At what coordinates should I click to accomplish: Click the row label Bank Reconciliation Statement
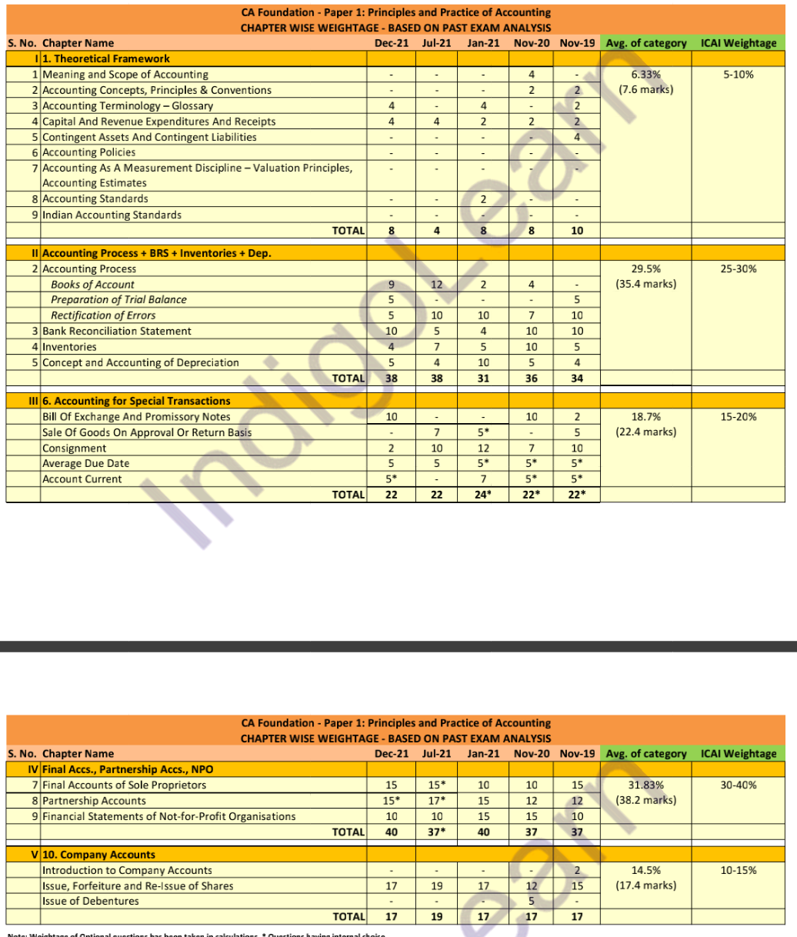coord(117,331)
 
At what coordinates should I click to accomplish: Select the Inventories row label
coord(69,347)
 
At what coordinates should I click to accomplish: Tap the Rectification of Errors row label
coord(103,315)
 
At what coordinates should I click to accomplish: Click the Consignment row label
coord(75,448)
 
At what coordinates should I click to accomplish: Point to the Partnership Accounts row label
coord(94,801)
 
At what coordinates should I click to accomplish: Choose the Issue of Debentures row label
coord(80,901)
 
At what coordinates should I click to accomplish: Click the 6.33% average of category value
coord(645,75)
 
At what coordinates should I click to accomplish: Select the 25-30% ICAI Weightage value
coord(738,268)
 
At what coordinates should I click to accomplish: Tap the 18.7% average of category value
coord(645,416)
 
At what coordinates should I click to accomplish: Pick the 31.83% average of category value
coord(645,785)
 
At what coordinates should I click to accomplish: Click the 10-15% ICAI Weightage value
coord(738,870)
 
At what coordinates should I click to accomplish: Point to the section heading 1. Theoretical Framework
coord(106,58)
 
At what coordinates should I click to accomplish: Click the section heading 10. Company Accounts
coord(99,855)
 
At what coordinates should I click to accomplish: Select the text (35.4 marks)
coord(645,284)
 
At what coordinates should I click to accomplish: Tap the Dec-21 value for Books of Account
coord(391,285)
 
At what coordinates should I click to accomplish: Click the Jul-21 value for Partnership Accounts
coord(436,801)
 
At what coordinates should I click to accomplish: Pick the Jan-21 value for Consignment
coord(483,448)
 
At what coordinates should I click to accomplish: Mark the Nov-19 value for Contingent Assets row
coord(577,137)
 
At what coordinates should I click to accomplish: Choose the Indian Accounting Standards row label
coord(112,215)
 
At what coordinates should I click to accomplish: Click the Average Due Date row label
coord(85,463)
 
